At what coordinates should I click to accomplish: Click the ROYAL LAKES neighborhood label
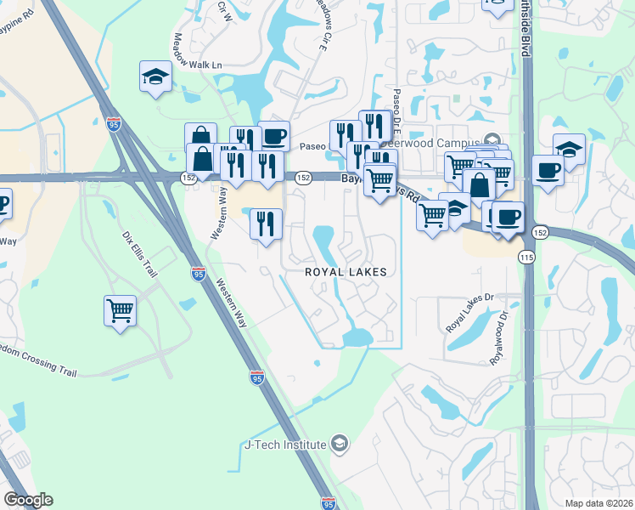click(x=346, y=272)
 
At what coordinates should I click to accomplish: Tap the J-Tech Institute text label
click(x=285, y=445)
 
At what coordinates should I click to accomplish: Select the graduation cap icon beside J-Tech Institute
click(x=339, y=444)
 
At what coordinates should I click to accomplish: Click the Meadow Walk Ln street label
click(x=197, y=52)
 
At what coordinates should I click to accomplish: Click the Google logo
click(x=28, y=500)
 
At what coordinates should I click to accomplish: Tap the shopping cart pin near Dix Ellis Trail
click(x=121, y=310)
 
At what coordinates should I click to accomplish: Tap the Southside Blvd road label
click(x=525, y=30)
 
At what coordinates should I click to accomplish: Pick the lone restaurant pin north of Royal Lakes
click(x=266, y=224)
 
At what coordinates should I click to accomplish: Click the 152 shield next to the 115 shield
click(x=539, y=232)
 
